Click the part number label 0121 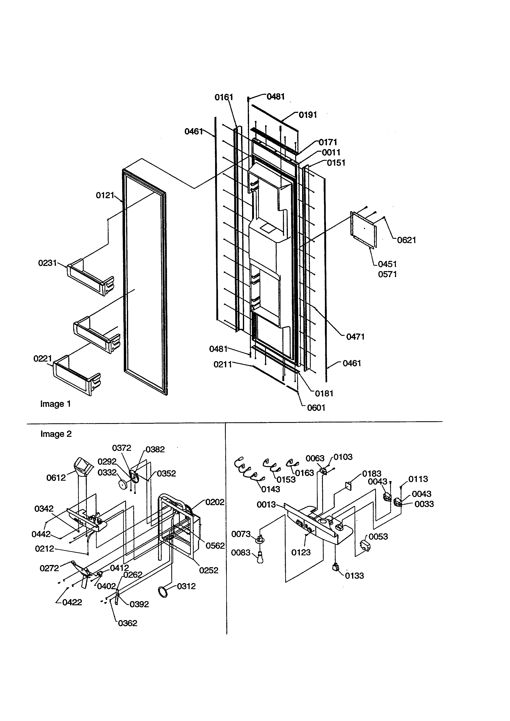tap(105, 196)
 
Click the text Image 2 tap(56, 434)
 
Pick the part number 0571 tap(387, 274)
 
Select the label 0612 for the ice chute tap(56, 478)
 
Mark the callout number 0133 tap(354, 576)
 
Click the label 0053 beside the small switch tap(378, 537)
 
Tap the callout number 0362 tap(128, 623)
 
